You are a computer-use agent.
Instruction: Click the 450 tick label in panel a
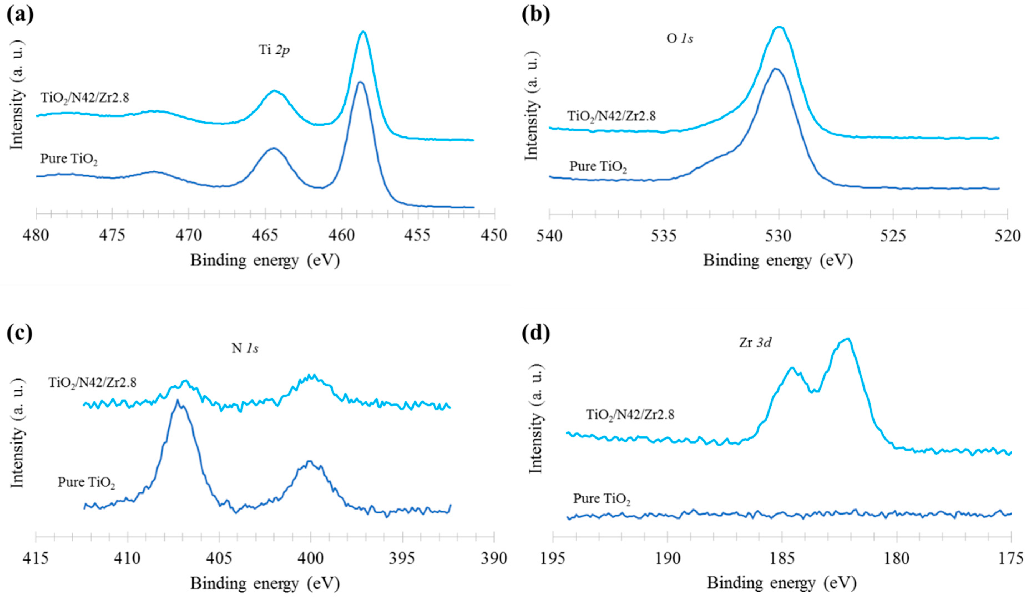495,236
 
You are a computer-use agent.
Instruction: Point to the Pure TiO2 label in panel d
602,499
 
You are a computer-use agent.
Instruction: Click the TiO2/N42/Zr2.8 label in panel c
92,383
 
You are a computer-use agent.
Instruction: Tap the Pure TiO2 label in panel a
69,159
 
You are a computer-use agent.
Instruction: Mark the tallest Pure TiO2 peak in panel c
177,401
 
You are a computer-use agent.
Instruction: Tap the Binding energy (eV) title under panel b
777,260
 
